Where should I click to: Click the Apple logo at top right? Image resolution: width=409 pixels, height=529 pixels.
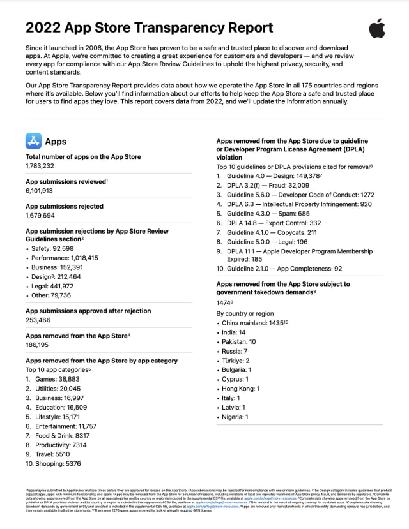coord(377,29)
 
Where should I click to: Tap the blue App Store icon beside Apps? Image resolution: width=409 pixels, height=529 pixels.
coord(33,141)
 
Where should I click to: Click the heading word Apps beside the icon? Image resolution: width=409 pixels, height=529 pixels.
coord(56,141)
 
